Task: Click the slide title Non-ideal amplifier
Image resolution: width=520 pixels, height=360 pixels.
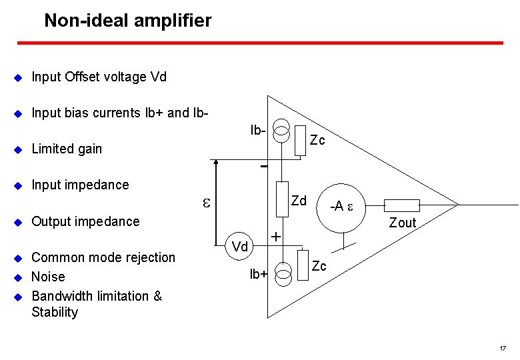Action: [127, 21]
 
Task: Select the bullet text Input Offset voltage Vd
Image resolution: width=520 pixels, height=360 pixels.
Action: [99, 77]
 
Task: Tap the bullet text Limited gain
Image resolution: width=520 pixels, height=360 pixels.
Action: [67, 149]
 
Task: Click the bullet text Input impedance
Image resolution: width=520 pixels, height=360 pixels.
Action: [80, 185]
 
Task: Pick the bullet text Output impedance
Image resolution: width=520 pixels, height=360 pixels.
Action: [85, 221]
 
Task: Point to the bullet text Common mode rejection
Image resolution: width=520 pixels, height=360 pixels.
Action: [103, 257]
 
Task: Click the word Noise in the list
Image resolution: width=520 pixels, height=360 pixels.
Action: [48, 276]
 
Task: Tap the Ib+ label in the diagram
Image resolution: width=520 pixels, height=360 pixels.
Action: [259, 273]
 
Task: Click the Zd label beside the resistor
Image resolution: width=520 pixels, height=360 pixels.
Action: [299, 201]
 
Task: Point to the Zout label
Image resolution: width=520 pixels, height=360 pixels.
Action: [402, 223]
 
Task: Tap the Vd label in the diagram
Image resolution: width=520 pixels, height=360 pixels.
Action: [240, 247]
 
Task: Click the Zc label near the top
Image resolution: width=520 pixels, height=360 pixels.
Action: [317, 140]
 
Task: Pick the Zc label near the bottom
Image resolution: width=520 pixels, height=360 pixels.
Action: [319, 267]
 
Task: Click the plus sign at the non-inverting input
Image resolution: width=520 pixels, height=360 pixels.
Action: [275, 236]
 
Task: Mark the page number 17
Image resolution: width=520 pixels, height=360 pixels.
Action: [502, 348]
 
